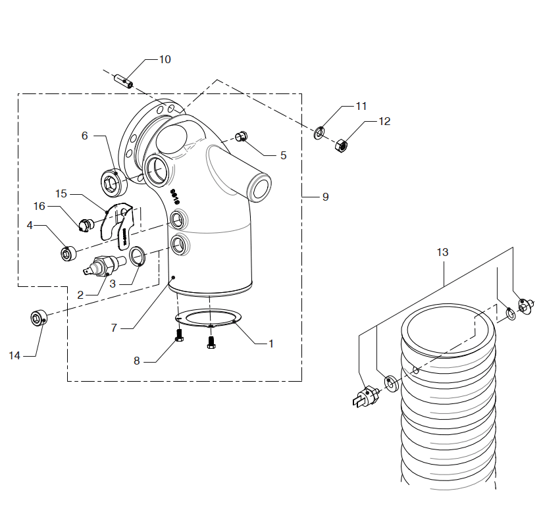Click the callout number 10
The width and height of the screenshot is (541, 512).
pyautogui.click(x=165, y=59)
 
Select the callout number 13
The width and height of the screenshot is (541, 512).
pyautogui.click(x=442, y=252)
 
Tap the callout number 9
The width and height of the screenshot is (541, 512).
pyautogui.click(x=325, y=197)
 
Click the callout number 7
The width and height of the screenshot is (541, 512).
pyautogui.click(x=114, y=327)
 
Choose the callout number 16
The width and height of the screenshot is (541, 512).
pyautogui.click(x=39, y=206)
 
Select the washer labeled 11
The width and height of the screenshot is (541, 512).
pyautogui.click(x=319, y=132)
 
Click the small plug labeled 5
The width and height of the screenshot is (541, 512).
pyautogui.click(x=241, y=137)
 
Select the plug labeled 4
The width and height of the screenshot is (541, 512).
pyautogui.click(x=68, y=253)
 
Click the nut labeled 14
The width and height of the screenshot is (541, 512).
pyautogui.click(x=38, y=319)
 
